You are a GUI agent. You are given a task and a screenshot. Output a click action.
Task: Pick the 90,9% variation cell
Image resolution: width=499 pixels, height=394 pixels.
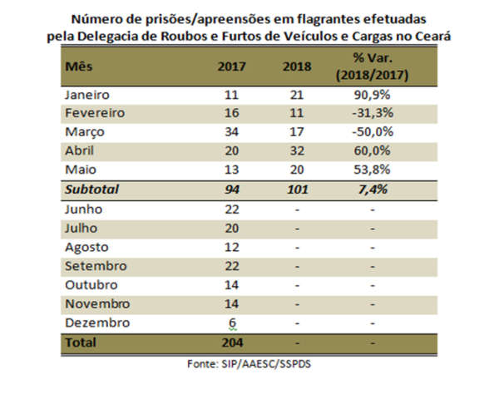pos(372,96)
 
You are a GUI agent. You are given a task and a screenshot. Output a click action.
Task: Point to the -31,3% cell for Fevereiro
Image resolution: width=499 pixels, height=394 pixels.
pos(372,115)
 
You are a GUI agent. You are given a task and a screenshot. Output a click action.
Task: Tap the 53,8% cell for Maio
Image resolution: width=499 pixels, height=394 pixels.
pos(372,170)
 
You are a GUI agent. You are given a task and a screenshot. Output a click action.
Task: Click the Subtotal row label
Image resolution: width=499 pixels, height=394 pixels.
pos(91,190)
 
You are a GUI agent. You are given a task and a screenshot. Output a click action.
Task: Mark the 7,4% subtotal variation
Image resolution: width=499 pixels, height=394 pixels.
pos(372,190)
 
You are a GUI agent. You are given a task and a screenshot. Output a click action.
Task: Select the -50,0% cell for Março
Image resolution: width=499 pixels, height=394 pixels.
pos(372,133)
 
